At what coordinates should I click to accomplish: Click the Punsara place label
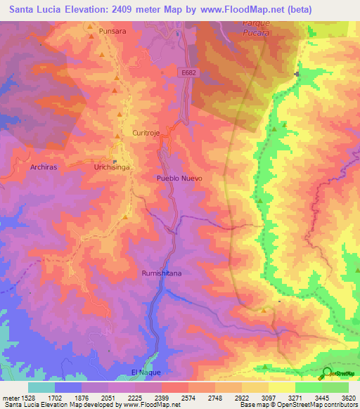click(x=112, y=32)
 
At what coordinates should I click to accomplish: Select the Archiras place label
click(x=44, y=168)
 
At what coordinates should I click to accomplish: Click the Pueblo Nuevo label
click(x=179, y=178)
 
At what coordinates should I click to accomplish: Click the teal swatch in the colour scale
click(x=41, y=387)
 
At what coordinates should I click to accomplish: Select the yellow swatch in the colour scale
click(x=282, y=387)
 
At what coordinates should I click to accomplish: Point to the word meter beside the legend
click(x=10, y=397)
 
